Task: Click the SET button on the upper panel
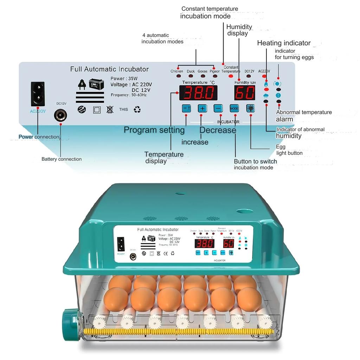coord(186,108)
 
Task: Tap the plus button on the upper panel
coord(202,108)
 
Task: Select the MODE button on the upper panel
coord(234,108)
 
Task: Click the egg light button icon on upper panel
coord(250,108)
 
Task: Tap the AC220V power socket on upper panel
coord(38,94)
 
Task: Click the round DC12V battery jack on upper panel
coord(61,115)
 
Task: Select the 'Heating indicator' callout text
coord(284,43)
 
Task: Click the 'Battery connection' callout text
coord(62,159)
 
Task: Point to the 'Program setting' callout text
coord(154,130)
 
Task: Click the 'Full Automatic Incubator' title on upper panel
coord(109,69)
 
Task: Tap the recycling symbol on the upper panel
coord(137,110)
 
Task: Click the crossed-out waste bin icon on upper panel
coord(110,110)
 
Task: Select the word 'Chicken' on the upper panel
coord(176,71)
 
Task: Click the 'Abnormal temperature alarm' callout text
coord(304,116)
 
